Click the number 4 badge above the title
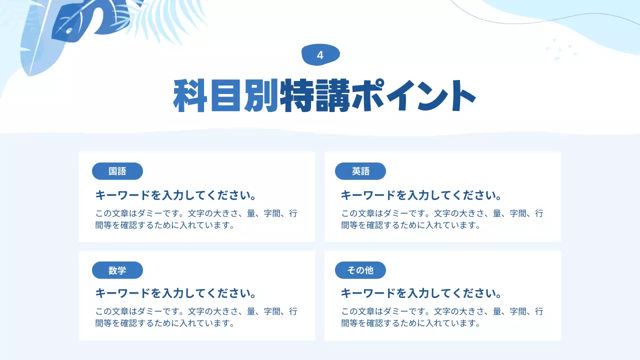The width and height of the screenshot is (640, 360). point(320,55)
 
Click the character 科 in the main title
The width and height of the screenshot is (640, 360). point(190,95)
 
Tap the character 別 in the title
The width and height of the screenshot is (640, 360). point(261,95)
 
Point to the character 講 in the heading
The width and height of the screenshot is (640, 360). point(332,95)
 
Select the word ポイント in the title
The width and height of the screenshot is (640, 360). point(413,95)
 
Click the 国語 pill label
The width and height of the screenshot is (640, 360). point(117,171)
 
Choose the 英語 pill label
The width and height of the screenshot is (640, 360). point(360,171)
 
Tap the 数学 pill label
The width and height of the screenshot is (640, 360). point(117,270)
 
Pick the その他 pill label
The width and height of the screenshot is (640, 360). point(360,270)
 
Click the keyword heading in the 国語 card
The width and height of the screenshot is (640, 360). point(175,195)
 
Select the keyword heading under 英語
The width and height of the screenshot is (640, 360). point(421,195)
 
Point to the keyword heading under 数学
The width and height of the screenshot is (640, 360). point(175,293)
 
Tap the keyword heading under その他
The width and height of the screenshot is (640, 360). point(421,293)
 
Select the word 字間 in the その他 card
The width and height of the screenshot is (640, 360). point(517,311)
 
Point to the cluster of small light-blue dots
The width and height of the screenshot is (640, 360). point(561,49)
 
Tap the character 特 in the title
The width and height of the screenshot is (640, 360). point(297,95)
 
